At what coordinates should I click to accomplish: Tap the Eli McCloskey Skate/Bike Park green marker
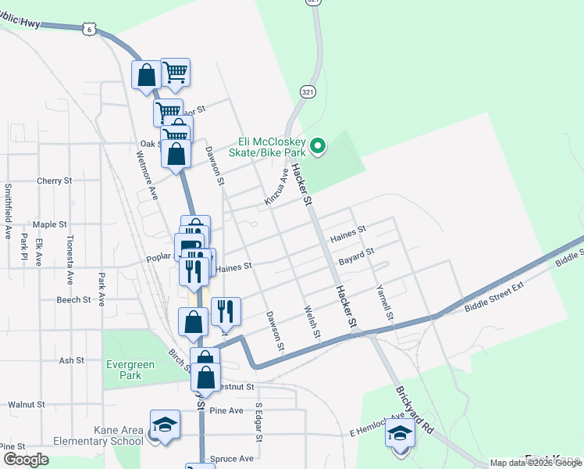click(318, 145)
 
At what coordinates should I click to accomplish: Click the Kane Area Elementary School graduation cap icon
click(164, 425)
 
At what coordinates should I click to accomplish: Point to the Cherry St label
click(54, 181)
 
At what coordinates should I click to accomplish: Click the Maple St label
click(50, 224)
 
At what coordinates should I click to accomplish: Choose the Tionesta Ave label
click(70, 259)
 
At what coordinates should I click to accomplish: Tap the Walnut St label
click(27, 404)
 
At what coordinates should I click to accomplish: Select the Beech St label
click(74, 299)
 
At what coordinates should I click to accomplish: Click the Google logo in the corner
click(26, 460)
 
